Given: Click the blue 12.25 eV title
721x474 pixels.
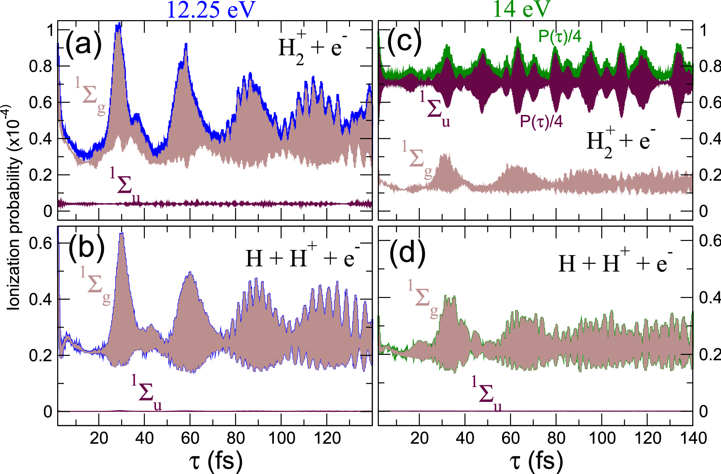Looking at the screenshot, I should click(x=211, y=10).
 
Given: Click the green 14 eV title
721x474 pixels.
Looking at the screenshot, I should click(x=521, y=9).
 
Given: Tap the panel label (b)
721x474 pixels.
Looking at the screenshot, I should click(x=86, y=247).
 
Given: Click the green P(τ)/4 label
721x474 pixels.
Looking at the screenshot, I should click(x=560, y=36).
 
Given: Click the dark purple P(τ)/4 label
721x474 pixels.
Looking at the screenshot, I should click(x=541, y=121).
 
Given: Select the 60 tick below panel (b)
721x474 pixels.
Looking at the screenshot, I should click(x=190, y=438).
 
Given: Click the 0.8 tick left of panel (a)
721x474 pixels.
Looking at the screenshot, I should click(x=40, y=66).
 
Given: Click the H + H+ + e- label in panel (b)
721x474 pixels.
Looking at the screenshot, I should click(x=302, y=257).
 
